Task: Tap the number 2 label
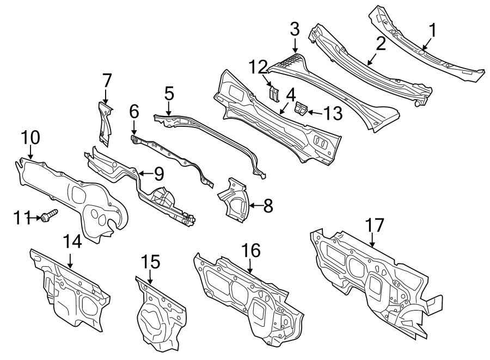click(380, 44)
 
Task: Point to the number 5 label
click(169, 93)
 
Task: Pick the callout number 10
click(30, 137)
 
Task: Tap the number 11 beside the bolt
click(21, 218)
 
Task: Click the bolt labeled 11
click(48, 217)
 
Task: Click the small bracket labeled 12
click(275, 93)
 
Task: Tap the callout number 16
click(251, 251)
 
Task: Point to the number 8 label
click(267, 205)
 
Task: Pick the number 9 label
click(158, 174)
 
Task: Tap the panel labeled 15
click(158, 316)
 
